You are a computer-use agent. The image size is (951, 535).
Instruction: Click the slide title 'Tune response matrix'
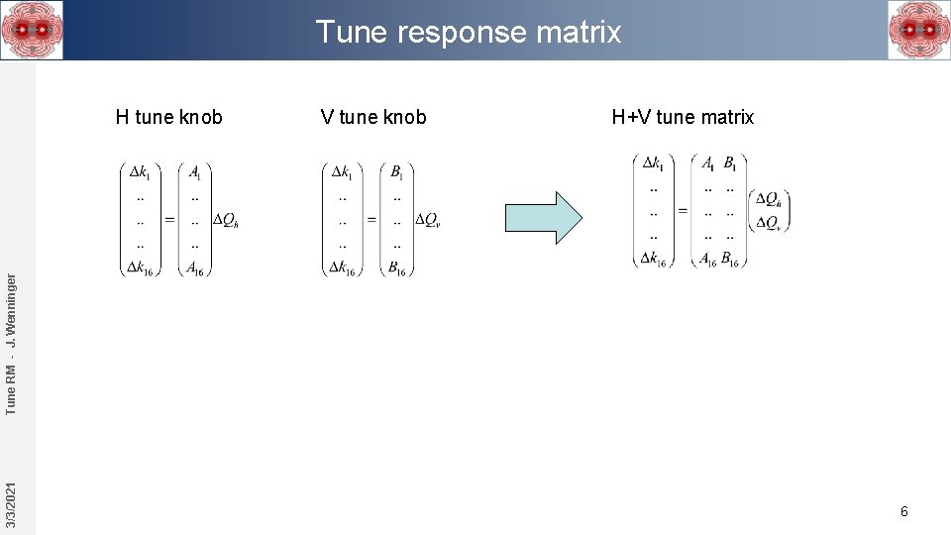point(469,32)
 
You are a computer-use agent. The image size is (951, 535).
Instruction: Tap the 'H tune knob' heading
point(169,117)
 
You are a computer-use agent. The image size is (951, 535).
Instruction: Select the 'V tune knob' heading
point(373,117)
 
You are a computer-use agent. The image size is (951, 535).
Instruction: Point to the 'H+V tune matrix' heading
point(683,117)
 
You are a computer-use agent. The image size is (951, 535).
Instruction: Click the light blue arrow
point(544,217)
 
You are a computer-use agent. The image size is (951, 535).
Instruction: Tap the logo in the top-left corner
point(32,30)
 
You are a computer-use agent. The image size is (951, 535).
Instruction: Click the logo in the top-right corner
point(919,30)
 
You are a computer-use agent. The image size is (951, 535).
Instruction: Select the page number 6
point(903,511)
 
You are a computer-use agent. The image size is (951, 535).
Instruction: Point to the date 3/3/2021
point(11,504)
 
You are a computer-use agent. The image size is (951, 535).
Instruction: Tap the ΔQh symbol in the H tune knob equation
point(225,220)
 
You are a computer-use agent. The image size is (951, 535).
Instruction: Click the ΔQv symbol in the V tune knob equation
point(428,220)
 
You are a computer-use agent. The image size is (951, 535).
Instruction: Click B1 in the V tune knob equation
point(396,172)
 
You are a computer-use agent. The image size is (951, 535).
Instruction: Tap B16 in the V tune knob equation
point(396,267)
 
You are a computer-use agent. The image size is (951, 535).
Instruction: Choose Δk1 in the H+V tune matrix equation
point(652,162)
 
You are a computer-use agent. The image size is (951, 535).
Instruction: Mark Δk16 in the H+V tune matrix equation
point(652,259)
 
